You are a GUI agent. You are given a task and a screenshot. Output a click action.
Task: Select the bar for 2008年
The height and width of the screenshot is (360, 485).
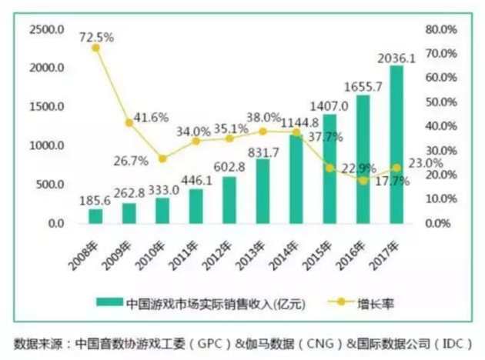95,216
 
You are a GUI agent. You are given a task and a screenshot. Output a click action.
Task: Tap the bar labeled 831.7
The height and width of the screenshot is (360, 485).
263,192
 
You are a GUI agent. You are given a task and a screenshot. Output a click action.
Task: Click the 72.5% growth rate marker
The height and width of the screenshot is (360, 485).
95,48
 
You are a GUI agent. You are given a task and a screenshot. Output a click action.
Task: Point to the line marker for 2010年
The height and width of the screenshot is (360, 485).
162,159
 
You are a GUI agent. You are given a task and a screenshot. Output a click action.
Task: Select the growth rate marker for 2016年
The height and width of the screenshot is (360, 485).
363,181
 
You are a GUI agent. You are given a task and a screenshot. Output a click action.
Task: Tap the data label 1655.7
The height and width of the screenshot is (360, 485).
363,87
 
